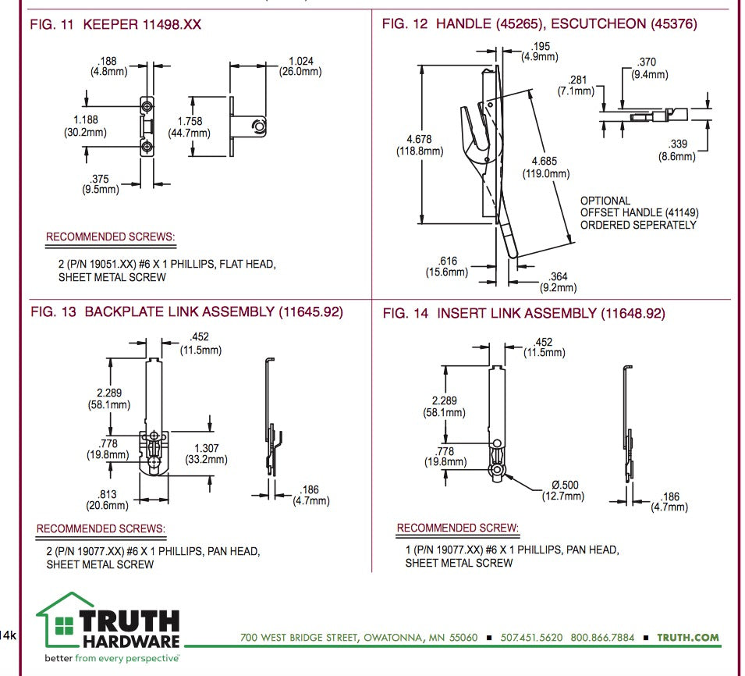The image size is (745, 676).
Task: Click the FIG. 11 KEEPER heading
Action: tap(115, 25)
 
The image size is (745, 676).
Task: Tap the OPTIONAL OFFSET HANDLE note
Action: tap(638, 212)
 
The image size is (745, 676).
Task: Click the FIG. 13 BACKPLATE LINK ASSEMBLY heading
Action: tap(186, 312)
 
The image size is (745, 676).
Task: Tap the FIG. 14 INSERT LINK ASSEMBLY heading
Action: tap(523, 313)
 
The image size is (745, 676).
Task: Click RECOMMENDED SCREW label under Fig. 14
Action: tap(457, 528)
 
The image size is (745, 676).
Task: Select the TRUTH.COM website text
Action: tap(687, 637)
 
